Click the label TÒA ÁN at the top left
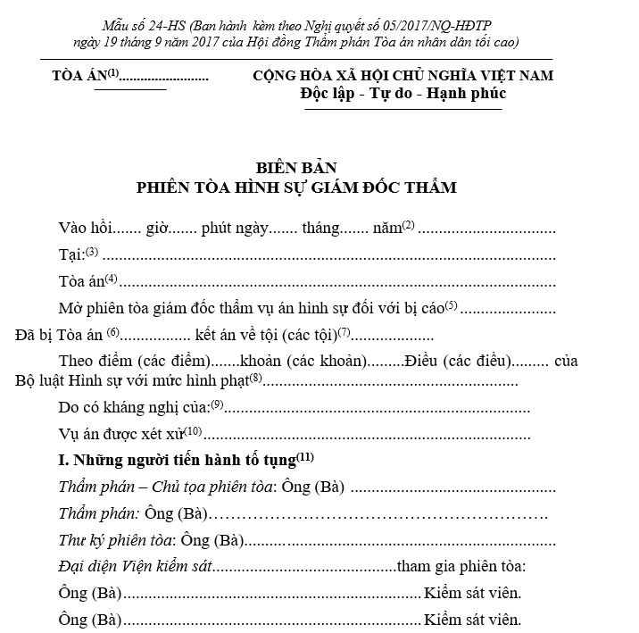79,77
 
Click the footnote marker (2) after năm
409,224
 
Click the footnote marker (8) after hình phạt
256,378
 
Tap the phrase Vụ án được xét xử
122,435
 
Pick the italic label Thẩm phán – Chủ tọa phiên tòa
167,487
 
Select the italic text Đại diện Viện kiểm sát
137,567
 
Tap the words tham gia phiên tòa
461,567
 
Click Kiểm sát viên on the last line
473,620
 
